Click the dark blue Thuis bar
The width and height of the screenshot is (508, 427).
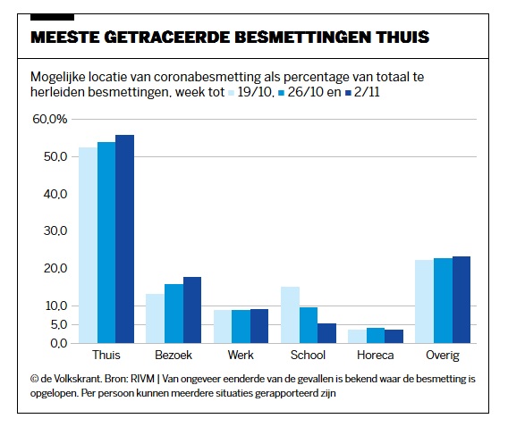click(x=124, y=239)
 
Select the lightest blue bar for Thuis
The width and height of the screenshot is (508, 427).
click(x=89, y=245)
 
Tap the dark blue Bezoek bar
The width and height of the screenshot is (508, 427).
click(x=192, y=310)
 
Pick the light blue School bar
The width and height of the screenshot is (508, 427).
click(x=290, y=314)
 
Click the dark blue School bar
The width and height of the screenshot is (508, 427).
click(x=327, y=333)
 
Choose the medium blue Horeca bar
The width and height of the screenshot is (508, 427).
click(x=376, y=336)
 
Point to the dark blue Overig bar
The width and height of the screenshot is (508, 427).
click(x=461, y=299)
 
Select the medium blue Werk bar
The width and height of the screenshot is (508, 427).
click(x=241, y=326)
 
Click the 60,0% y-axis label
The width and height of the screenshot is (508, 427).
click(x=49, y=119)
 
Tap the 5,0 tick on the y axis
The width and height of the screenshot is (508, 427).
click(x=59, y=325)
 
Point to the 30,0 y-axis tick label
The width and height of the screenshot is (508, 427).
click(x=55, y=231)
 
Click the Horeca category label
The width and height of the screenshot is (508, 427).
click(x=375, y=356)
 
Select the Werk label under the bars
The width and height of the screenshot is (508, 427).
click(x=241, y=356)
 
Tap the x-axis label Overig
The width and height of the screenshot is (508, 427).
click(x=443, y=356)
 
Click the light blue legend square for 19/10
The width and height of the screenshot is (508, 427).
click(x=232, y=93)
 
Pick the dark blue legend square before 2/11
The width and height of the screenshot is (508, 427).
click(x=349, y=93)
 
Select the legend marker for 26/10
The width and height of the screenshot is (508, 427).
click(x=281, y=93)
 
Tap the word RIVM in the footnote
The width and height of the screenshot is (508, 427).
click(x=142, y=379)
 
